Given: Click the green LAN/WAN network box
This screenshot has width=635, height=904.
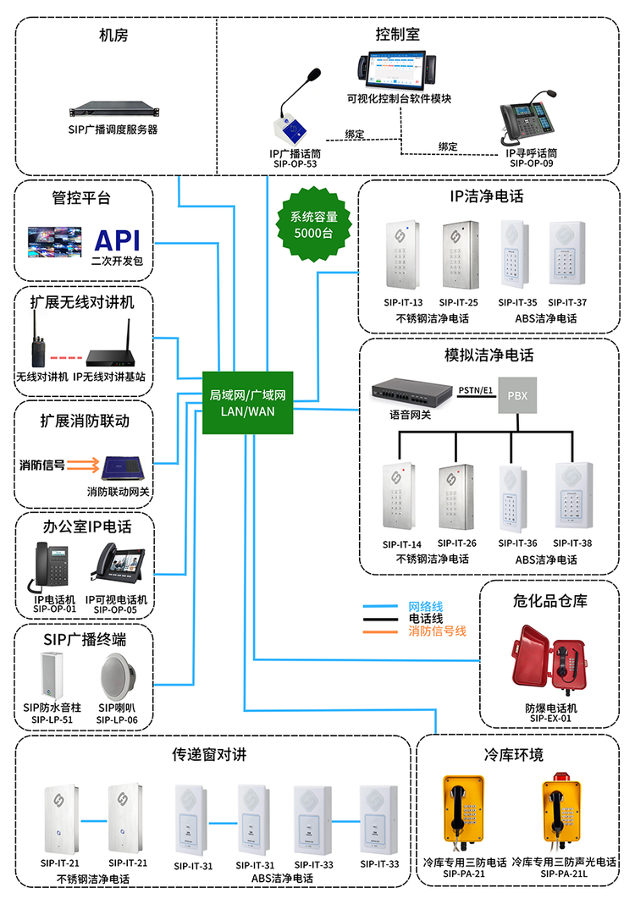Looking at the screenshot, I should pos(248,403).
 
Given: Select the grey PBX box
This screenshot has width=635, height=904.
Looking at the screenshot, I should pos(516,395).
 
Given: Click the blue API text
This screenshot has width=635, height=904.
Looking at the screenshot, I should pos(118,240).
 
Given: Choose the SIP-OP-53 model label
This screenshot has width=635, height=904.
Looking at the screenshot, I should pos(295,165).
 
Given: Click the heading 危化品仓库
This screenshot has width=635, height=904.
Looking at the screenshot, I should pos(549,600).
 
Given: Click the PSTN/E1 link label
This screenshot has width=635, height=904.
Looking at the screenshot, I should pos(474,390).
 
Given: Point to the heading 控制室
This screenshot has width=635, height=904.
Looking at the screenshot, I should pos(397,35).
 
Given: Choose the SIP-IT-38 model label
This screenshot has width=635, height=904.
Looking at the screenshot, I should pos(572,543).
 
